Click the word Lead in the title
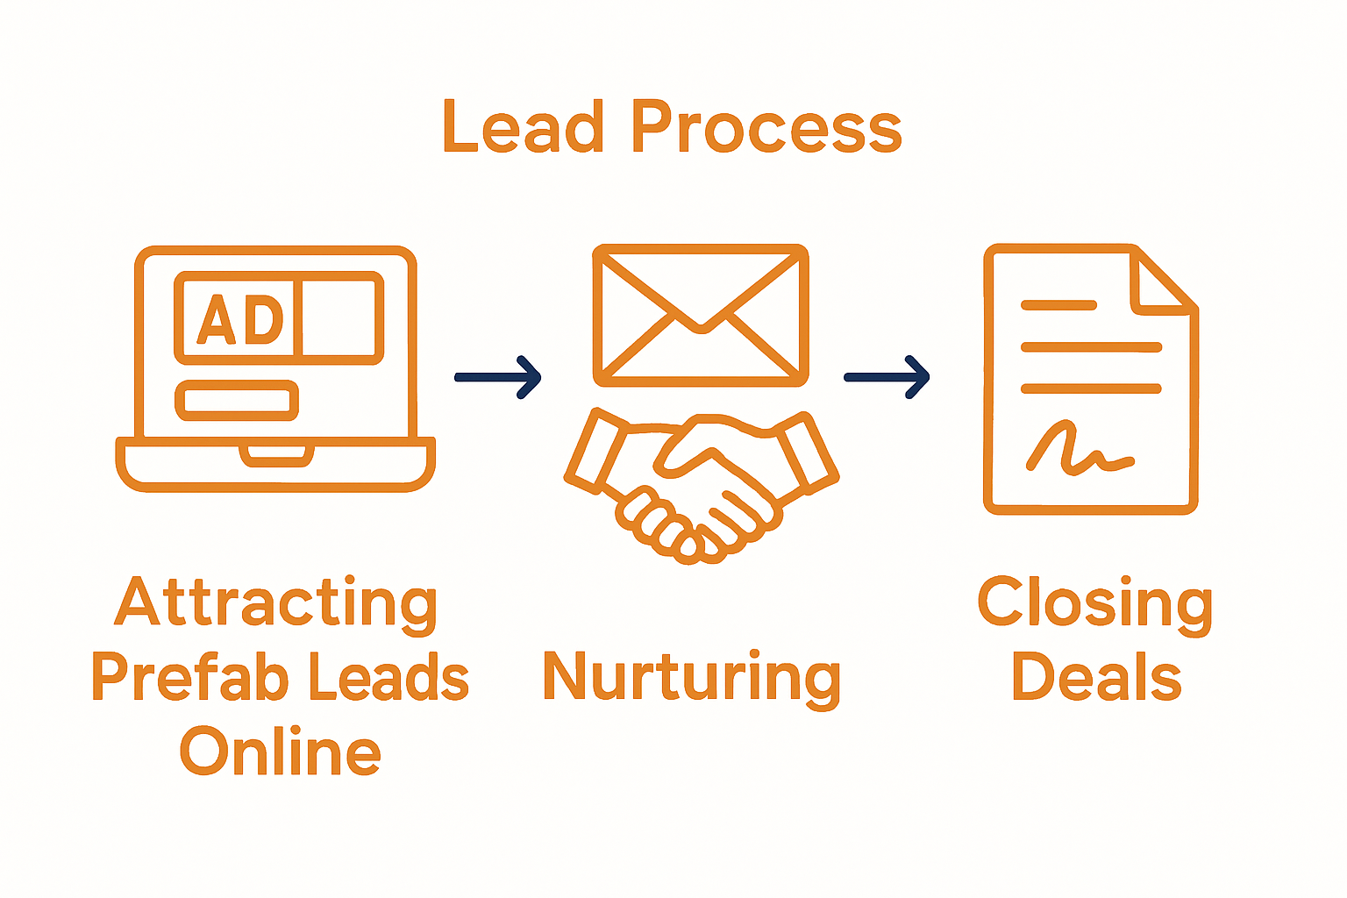tap(524, 128)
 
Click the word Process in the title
tap(766, 128)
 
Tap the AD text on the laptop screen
tap(239, 319)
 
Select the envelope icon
tap(700, 316)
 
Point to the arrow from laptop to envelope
tap(497, 377)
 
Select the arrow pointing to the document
tap(887, 377)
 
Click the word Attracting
tap(276, 603)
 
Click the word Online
tap(281, 752)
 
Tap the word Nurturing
tap(692, 679)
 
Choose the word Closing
tap(1095, 603)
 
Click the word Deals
tap(1096, 677)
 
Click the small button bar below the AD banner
tap(237, 401)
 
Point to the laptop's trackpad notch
tap(276, 454)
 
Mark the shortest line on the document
tap(1058, 305)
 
